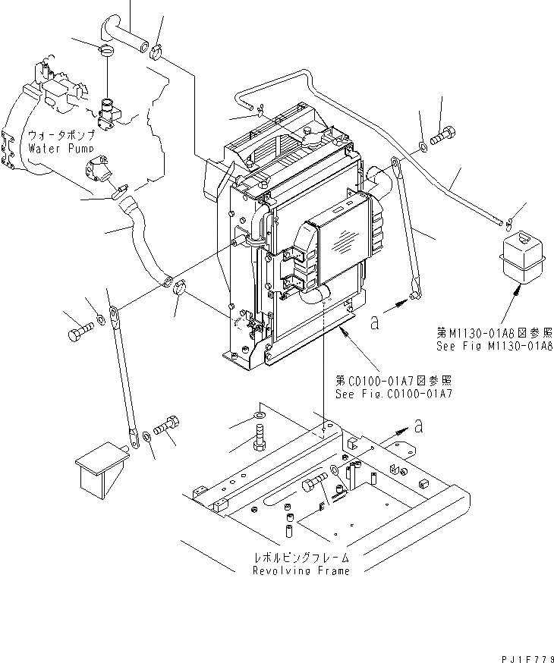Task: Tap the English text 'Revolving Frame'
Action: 301,570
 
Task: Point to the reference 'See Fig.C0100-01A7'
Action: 394,394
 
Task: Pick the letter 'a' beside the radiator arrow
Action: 374,322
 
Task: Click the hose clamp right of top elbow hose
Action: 158,52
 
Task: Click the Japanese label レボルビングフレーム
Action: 301,558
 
